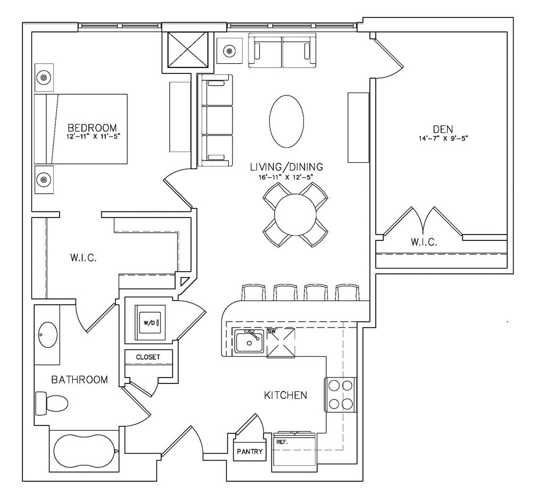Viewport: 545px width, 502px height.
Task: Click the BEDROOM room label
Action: pos(92,128)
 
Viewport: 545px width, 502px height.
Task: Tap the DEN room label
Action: pos(443,129)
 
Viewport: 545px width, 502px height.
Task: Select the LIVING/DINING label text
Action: pos(287,167)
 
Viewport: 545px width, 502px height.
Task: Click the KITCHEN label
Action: pos(286,395)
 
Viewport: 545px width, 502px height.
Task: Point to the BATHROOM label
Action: pos(79,380)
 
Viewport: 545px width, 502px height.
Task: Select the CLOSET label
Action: pos(147,357)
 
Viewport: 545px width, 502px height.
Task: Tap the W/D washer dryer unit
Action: pos(149,322)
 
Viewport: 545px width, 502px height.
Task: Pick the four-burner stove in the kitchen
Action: pos(340,395)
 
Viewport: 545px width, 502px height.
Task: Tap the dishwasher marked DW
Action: pos(280,342)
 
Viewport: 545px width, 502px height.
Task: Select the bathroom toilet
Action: pos(51,403)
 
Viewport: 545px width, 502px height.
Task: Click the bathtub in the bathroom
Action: pos(84,451)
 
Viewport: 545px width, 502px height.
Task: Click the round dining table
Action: pos(295,214)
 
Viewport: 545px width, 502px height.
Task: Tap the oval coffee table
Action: pos(287,121)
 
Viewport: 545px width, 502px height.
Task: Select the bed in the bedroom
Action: pos(81,129)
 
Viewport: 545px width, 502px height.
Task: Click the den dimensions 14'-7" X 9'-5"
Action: pos(443,139)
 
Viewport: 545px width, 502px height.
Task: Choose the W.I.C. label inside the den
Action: pos(424,242)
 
